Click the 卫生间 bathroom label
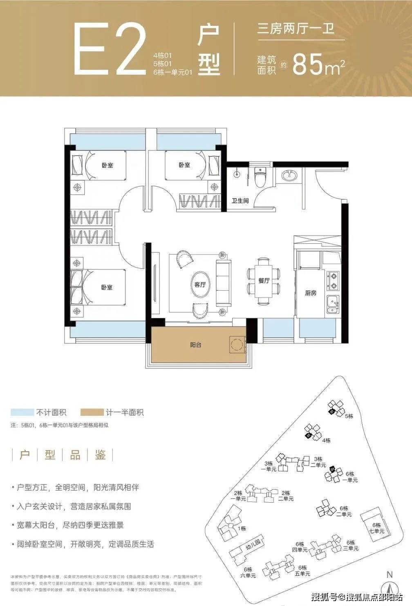(240, 201)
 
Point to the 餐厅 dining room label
(264, 281)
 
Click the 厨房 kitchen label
(311, 293)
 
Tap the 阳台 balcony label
(196, 345)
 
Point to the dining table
(264, 281)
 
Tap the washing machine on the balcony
(237, 345)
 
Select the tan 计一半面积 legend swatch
(92, 412)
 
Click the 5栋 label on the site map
(349, 416)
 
